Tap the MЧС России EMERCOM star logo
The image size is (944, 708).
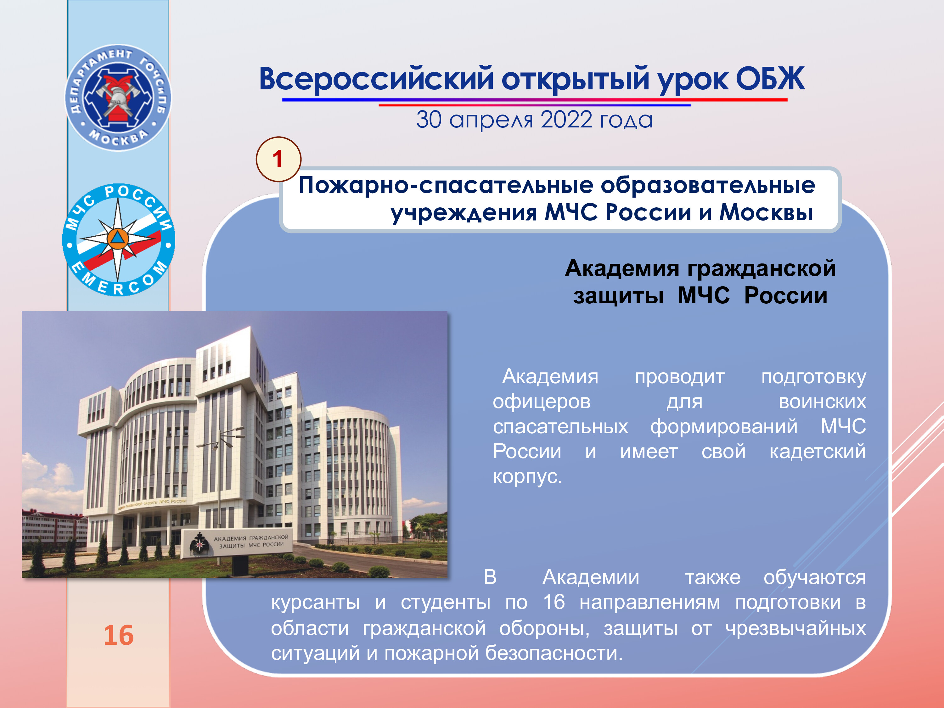pos(119,240)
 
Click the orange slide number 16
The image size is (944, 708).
pos(119,635)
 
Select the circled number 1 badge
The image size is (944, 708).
pos(278,159)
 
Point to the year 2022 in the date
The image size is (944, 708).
pos(566,120)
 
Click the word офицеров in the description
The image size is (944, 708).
pos(542,402)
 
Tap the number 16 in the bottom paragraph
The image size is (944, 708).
pos(554,602)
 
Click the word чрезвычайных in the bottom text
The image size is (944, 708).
pos(796,628)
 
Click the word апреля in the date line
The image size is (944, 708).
pos(491,120)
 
